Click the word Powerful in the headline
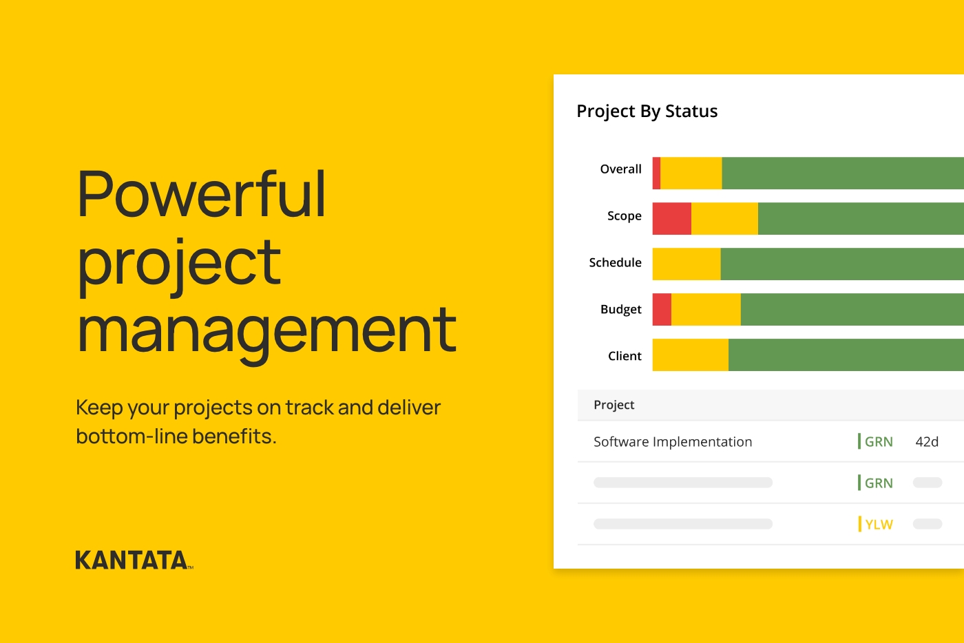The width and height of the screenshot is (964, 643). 201,195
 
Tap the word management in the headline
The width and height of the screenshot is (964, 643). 266,332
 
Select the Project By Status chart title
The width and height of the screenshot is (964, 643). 647,112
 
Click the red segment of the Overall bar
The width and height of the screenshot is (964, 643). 657,173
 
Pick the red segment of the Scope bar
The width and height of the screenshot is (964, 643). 671,219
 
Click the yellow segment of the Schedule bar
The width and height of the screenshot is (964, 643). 687,264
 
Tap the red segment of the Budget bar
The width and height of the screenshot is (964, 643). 662,310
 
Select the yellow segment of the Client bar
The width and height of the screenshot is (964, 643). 690,355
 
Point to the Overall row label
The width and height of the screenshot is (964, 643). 620,169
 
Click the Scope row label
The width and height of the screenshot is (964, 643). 624,216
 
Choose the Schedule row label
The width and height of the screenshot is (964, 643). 615,263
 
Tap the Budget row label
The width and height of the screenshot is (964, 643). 620,310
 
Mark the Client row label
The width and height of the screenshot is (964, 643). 625,356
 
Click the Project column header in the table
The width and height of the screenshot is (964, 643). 614,405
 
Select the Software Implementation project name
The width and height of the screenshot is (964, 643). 673,442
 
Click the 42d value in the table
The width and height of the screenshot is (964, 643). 927,442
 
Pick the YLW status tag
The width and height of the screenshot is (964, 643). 878,525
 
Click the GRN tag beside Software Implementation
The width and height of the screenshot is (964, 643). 878,442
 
